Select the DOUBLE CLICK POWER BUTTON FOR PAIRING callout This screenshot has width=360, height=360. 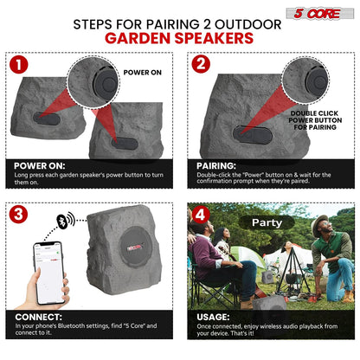pyautogui.click(x=316, y=119)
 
